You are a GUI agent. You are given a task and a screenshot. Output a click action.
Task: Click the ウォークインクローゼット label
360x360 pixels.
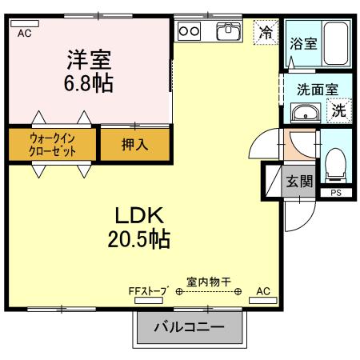pos(53,145)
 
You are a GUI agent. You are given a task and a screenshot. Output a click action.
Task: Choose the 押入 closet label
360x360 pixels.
pos(134,146)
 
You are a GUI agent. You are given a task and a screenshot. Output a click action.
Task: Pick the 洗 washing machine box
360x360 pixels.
pos(340,110)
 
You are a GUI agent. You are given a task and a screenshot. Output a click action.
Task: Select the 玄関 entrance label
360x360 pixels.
pos(300,180)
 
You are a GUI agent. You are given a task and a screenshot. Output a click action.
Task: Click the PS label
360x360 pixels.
pos(334,193)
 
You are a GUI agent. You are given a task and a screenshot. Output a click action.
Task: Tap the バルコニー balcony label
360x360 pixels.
pos(188,327)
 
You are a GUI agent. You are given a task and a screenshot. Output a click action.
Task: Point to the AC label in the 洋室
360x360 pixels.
pos(24,33)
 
